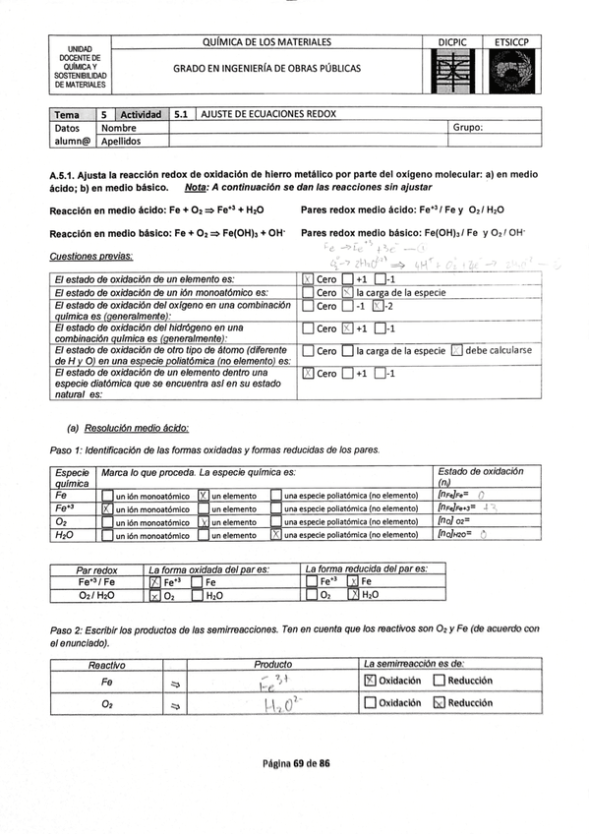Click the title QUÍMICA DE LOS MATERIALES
coord(266,42)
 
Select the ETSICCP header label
coord(512,42)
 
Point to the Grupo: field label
coord(468,128)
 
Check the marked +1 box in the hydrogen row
coord(346,328)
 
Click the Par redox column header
coord(96,569)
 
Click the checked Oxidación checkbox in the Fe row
coord(370,681)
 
